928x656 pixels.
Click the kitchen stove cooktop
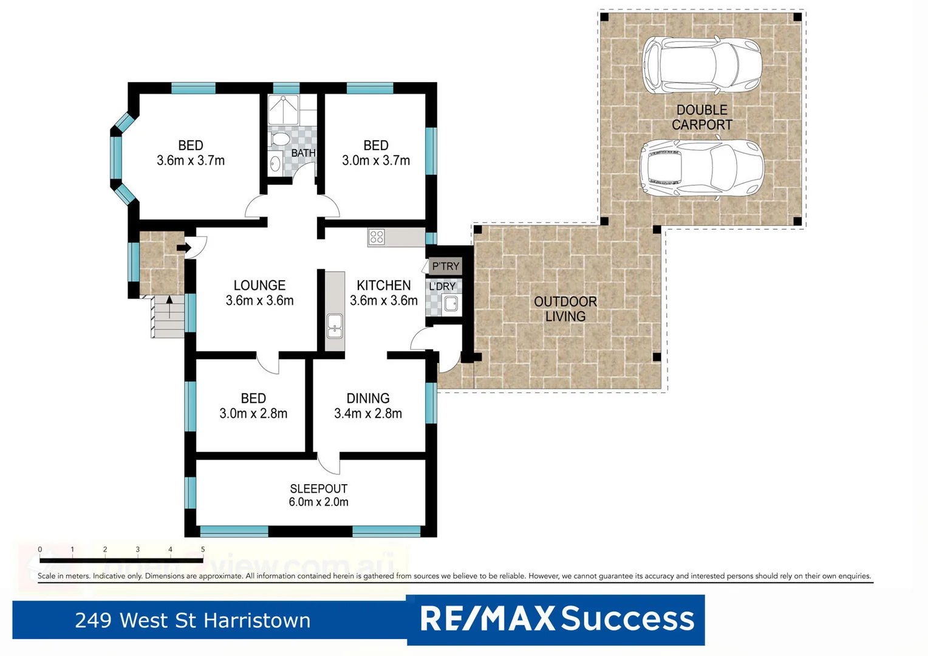377,237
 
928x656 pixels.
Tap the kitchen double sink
335,326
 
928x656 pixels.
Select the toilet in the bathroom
280,140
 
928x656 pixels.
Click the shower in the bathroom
284,110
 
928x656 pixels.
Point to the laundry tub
451,303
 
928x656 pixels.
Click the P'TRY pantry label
445,266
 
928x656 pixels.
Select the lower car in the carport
701,168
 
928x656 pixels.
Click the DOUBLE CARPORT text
701,117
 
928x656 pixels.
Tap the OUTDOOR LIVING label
565,309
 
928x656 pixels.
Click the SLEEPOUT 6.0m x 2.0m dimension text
318,502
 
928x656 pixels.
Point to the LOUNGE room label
259,285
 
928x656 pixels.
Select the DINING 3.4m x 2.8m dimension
368,414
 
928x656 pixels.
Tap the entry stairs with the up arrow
168,316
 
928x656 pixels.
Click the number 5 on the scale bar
203,549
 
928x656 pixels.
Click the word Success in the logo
627,619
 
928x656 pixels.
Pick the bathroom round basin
275,163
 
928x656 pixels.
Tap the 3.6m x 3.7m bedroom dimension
191,161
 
